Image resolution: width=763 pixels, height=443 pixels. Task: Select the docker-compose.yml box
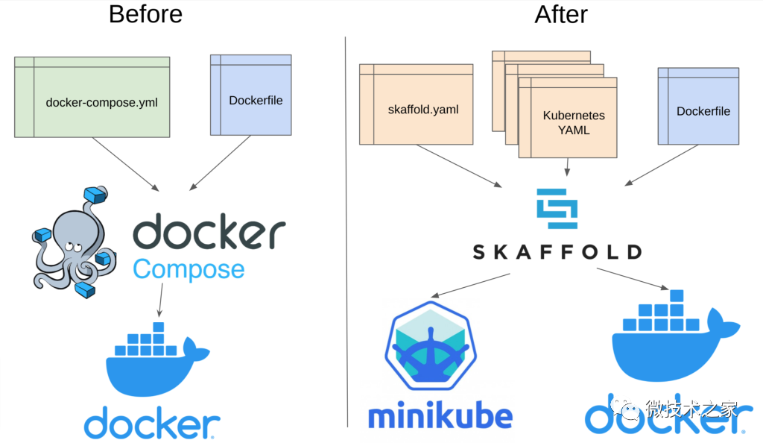92,101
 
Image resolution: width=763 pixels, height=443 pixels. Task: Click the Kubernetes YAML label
574,122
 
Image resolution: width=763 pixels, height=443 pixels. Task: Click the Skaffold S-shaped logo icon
557,209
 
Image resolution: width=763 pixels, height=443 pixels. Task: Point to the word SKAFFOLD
557,251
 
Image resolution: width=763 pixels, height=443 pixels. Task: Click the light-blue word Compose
189,268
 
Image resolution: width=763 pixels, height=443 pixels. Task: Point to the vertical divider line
346,224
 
